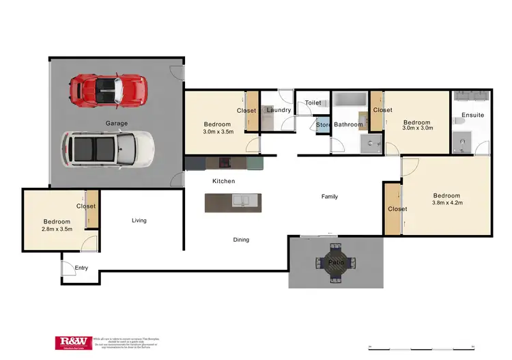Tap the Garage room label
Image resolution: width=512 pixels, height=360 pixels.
[x=116, y=124]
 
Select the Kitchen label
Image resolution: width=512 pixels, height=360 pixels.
[x=223, y=181]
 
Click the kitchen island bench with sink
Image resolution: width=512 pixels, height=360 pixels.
[x=233, y=202]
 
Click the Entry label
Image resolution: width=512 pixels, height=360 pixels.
[x=81, y=268]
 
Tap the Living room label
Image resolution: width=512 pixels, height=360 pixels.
[x=139, y=221]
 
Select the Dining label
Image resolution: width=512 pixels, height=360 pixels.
[x=241, y=240]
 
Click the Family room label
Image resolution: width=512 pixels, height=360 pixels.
[x=330, y=197]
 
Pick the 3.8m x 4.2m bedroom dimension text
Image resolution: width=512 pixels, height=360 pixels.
[x=447, y=202]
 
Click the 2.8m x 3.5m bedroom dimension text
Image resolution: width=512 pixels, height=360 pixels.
[x=57, y=230]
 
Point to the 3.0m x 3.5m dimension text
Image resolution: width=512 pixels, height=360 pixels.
[x=219, y=133]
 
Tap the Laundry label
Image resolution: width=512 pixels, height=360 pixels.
[x=279, y=110]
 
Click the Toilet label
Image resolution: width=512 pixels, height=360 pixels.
[x=313, y=103]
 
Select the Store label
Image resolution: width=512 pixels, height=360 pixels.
[x=324, y=125]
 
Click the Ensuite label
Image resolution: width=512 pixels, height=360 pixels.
[x=472, y=115]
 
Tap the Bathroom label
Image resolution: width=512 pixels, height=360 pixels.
[x=348, y=125]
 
